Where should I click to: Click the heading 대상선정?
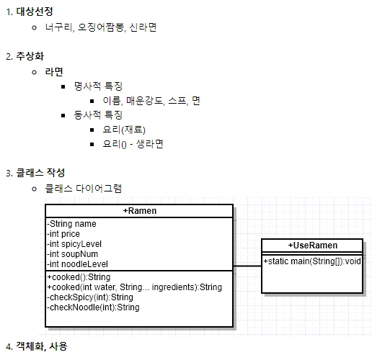click(35, 12)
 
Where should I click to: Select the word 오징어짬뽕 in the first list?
click(101, 27)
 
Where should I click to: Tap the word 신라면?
click(143, 27)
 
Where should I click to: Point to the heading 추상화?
click(30, 56)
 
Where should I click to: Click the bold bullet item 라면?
click(54, 72)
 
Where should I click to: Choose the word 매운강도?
click(145, 101)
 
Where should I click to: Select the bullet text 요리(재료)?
click(124, 130)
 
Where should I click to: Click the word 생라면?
click(150, 144)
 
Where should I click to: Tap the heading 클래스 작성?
click(40, 173)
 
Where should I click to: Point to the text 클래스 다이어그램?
click(84, 189)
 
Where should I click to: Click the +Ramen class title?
click(140, 211)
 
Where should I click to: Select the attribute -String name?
click(71, 224)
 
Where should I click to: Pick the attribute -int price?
click(63, 234)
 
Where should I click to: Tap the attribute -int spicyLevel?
click(74, 244)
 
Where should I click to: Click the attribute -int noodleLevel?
click(77, 264)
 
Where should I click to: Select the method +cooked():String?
click(79, 277)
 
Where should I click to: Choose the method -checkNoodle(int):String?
click(93, 307)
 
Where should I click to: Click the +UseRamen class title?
click(313, 246)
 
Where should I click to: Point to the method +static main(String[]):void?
click(312, 261)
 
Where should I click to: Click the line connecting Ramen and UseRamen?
click(247, 266)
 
